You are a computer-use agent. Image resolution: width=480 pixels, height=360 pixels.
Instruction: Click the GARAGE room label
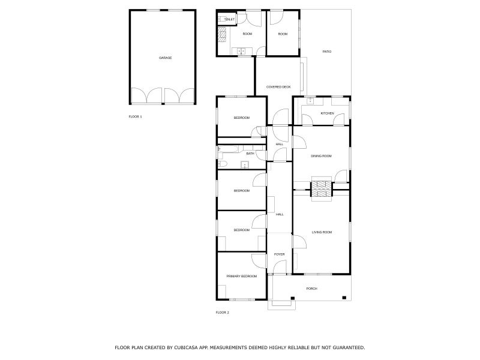pyautogui.click(x=165, y=58)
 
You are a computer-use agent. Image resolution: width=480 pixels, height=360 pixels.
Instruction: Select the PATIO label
pyautogui.click(x=327, y=52)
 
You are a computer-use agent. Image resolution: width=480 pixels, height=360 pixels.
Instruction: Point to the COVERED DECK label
pyautogui.click(x=278, y=87)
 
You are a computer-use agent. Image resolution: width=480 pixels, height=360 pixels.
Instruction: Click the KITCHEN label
pyautogui.click(x=327, y=113)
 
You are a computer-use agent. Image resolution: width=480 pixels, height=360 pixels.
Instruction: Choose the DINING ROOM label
pyautogui.click(x=321, y=156)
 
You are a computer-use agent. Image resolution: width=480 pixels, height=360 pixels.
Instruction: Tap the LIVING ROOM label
pyautogui.click(x=322, y=232)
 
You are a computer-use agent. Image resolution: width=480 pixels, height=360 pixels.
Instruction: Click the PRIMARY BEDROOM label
pyautogui.click(x=241, y=276)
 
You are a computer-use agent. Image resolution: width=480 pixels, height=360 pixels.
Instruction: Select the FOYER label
pyautogui.click(x=279, y=254)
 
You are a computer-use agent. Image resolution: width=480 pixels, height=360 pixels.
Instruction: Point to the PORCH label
pyautogui.click(x=311, y=289)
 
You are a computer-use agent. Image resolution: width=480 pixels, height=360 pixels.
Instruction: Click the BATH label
pyautogui.click(x=250, y=154)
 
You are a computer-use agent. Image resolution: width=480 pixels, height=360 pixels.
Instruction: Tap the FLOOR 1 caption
pyautogui.click(x=136, y=116)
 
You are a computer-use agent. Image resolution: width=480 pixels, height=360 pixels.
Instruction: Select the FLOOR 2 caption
pyautogui.click(x=222, y=313)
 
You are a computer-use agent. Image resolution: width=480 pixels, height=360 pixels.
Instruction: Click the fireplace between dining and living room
pyautogui.click(x=321, y=189)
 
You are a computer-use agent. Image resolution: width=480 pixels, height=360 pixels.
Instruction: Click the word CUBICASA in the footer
pyautogui.click(x=191, y=347)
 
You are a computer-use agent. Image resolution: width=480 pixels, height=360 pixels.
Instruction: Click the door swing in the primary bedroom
pyautogui.click(x=259, y=261)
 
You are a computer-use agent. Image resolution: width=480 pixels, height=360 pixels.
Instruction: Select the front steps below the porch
pyautogui.click(x=281, y=304)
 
